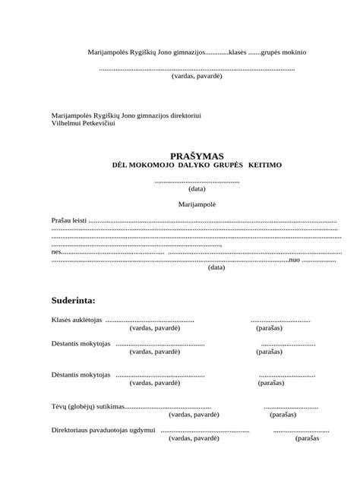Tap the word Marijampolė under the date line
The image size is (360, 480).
[x=197, y=205]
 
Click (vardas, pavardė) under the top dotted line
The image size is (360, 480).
[x=197, y=77]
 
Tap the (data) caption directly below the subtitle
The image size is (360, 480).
[x=197, y=189]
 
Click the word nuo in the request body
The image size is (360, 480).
[x=295, y=259]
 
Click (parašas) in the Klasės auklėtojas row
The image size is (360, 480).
[x=269, y=328]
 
